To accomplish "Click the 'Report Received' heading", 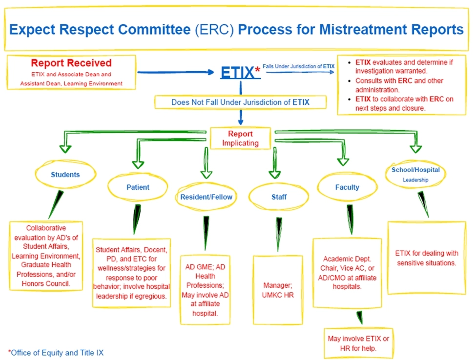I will [x=71, y=63].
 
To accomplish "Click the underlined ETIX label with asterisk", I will [x=238, y=73].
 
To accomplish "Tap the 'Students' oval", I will [x=65, y=174].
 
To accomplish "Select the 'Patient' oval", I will [x=138, y=187].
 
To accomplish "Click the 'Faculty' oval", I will [x=347, y=187].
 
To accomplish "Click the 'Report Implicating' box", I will [x=240, y=139].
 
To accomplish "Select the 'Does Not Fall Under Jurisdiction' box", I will [x=240, y=102].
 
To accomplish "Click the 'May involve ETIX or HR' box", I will [x=359, y=343].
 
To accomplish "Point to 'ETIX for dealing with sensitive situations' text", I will [x=426, y=258].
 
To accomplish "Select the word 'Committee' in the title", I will [x=154, y=30].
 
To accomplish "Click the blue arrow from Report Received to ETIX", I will [x=176, y=73].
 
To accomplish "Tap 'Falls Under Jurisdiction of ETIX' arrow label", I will [x=298, y=66].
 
